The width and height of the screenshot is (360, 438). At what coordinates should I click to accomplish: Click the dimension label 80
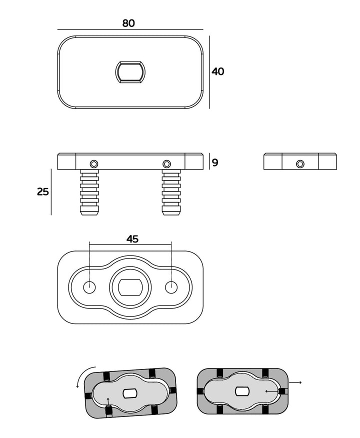pyautogui.click(x=128, y=23)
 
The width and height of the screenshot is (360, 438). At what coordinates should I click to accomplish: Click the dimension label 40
pyautogui.click(x=218, y=71)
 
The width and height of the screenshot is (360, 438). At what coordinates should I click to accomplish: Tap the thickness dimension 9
pyautogui.click(x=215, y=162)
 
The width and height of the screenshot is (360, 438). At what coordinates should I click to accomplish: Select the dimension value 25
pyautogui.click(x=43, y=191)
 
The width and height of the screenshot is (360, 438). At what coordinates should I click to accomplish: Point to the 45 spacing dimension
pyautogui.click(x=132, y=239)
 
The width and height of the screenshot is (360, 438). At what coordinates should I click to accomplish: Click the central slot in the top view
pyautogui.click(x=130, y=72)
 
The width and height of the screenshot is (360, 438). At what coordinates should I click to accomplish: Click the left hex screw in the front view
pyautogui.click(x=94, y=163)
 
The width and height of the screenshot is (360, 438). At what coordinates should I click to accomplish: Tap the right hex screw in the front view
pyautogui.click(x=167, y=163)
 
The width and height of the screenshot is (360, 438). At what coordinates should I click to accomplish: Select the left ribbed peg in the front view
pyautogui.click(x=89, y=192)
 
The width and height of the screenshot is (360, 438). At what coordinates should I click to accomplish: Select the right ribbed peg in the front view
pyautogui.click(x=171, y=192)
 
